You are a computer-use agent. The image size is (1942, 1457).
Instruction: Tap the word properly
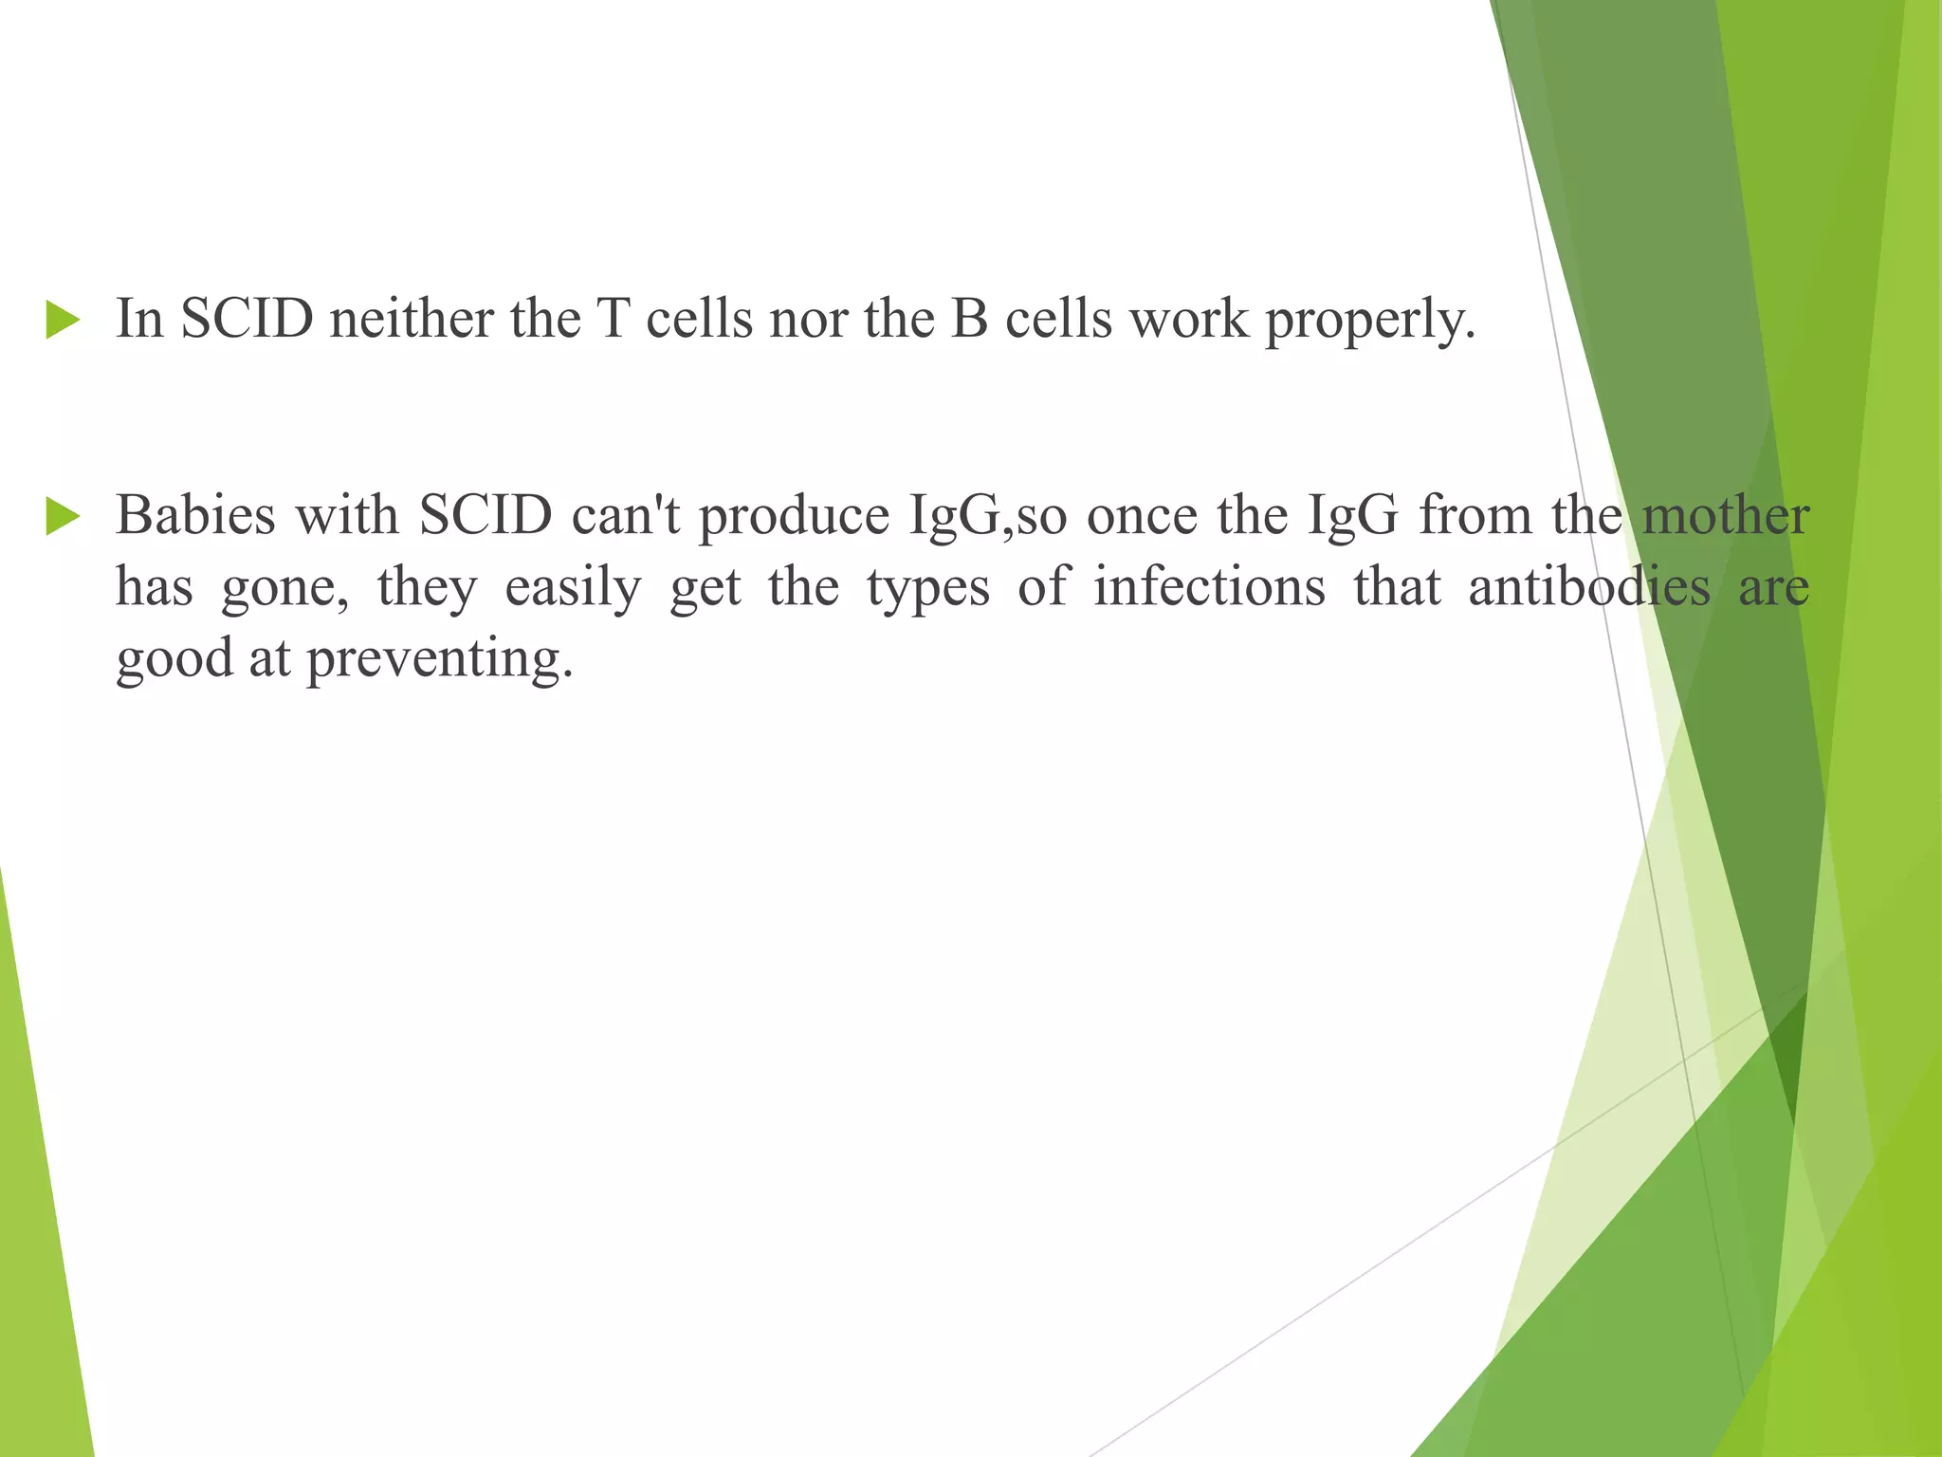tap(1370, 320)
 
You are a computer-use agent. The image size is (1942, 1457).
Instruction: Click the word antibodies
tap(1589, 586)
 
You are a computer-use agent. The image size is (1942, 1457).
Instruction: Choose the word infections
tap(1209, 586)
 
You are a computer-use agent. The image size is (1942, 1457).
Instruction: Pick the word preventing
tap(440, 658)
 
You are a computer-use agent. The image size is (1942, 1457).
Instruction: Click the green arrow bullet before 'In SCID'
tap(63, 321)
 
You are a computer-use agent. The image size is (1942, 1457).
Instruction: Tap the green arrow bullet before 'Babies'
tap(63, 518)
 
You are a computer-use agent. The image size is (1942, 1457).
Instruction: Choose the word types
tap(928, 588)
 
